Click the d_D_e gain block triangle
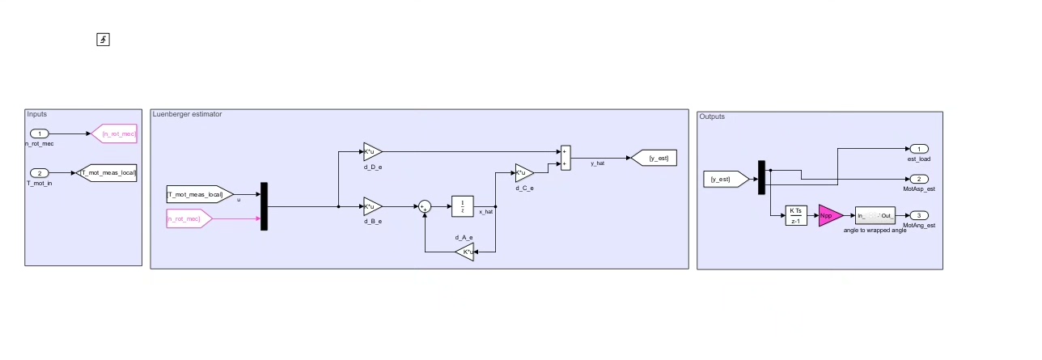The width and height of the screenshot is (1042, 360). click(x=371, y=151)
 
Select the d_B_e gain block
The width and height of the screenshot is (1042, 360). click(x=371, y=206)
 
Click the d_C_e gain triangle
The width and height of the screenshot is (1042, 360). click(x=523, y=172)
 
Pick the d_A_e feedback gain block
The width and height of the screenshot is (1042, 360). click(x=465, y=252)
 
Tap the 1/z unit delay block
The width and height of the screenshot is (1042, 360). click(x=462, y=206)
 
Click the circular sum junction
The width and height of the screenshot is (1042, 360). click(x=425, y=206)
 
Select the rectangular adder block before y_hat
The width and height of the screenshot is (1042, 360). click(x=565, y=158)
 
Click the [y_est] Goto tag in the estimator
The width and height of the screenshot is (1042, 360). click(x=654, y=158)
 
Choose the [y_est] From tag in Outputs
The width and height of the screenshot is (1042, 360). click(x=725, y=179)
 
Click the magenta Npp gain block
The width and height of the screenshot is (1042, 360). click(x=828, y=215)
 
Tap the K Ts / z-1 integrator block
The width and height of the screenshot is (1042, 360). click(x=796, y=215)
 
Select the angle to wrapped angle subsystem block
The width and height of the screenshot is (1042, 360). click(x=875, y=215)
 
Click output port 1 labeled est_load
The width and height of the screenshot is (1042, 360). click(x=919, y=149)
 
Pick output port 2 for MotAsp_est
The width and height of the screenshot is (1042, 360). click(x=919, y=179)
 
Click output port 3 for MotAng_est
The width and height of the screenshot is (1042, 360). click(x=919, y=215)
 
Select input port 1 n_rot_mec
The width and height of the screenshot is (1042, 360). click(x=40, y=133)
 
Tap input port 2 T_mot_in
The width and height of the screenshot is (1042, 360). click(x=40, y=173)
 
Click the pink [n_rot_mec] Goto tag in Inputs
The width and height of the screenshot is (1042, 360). click(x=115, y=133)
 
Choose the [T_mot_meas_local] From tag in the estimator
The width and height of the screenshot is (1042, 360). click(x=198, y=194)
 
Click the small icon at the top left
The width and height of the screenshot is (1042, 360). click(x=103, y=40)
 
